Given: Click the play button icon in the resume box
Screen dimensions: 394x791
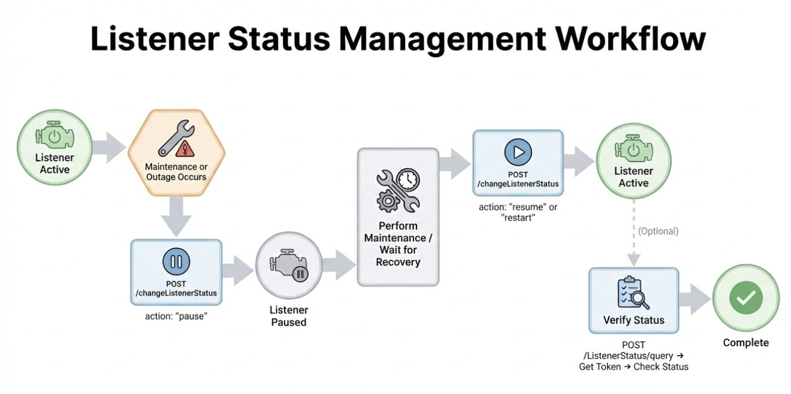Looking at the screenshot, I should (517, 152).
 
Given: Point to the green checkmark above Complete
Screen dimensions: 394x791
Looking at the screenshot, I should (746, 299).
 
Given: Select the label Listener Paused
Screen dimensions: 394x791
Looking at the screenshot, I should (289, 316).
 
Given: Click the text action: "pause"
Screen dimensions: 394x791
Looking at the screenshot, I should (176, 316).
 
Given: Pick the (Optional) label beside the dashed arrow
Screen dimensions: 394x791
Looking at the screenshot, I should (658, 231).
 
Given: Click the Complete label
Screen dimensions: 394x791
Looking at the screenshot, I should (746, 343).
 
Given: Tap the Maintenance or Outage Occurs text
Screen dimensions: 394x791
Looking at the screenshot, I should (176, 171).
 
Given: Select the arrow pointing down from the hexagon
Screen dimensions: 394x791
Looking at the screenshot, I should (176, 214).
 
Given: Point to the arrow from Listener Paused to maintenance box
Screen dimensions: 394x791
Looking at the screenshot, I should (339, 266).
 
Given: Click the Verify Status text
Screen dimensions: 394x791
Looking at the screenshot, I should (634, 320).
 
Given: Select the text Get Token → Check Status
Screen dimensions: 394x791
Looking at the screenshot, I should (634, 367).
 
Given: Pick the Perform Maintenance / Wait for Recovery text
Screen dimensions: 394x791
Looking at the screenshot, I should (398, 243).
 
